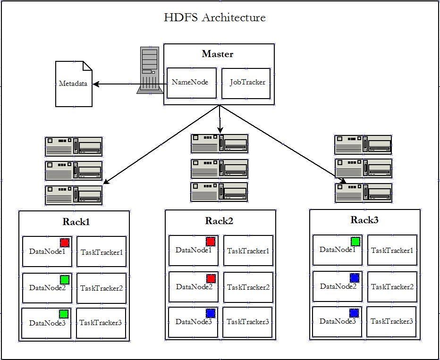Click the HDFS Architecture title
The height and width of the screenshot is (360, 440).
(x=214, y=18)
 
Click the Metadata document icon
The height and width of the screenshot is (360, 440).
(x=74, y=84)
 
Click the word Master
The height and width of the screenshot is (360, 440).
(x=217, y=54)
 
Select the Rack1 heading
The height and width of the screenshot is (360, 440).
(x=76, y=221)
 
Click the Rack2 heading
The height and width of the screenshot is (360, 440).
(x=219, y=221)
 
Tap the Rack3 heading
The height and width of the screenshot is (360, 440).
(x=364, y=220)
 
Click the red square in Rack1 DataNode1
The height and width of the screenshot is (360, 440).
(x=65, y=243)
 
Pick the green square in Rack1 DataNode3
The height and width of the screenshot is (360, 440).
(x=64, y=314)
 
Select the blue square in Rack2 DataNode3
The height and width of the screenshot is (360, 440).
(x=211, y=313)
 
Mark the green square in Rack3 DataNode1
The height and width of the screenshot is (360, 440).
(x=355, y=242)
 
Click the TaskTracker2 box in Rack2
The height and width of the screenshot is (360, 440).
(x=248, y=287)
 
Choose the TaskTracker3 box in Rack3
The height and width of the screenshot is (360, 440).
(x=392, y=321)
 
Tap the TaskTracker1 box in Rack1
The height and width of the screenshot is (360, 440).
(x=102, y=252)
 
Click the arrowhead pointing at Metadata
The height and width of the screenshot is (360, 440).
(x=96, y=84)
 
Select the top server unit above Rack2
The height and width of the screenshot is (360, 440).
(x=220, y=143)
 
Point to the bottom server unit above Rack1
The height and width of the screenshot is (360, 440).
(x=74, y=195)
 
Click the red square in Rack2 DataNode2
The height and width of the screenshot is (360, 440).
(x=211, y=278)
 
